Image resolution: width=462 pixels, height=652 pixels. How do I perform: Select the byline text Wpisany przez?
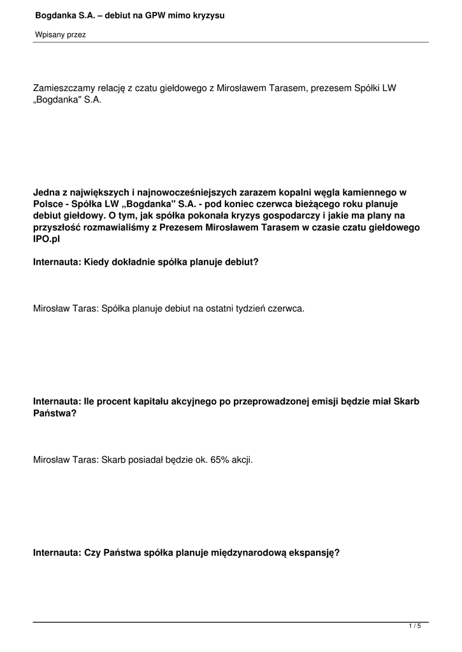60,35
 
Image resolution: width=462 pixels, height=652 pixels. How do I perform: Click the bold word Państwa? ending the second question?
55,414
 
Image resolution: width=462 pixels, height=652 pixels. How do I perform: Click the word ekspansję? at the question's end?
314,553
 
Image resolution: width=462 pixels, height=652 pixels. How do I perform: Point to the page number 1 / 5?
415,627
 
